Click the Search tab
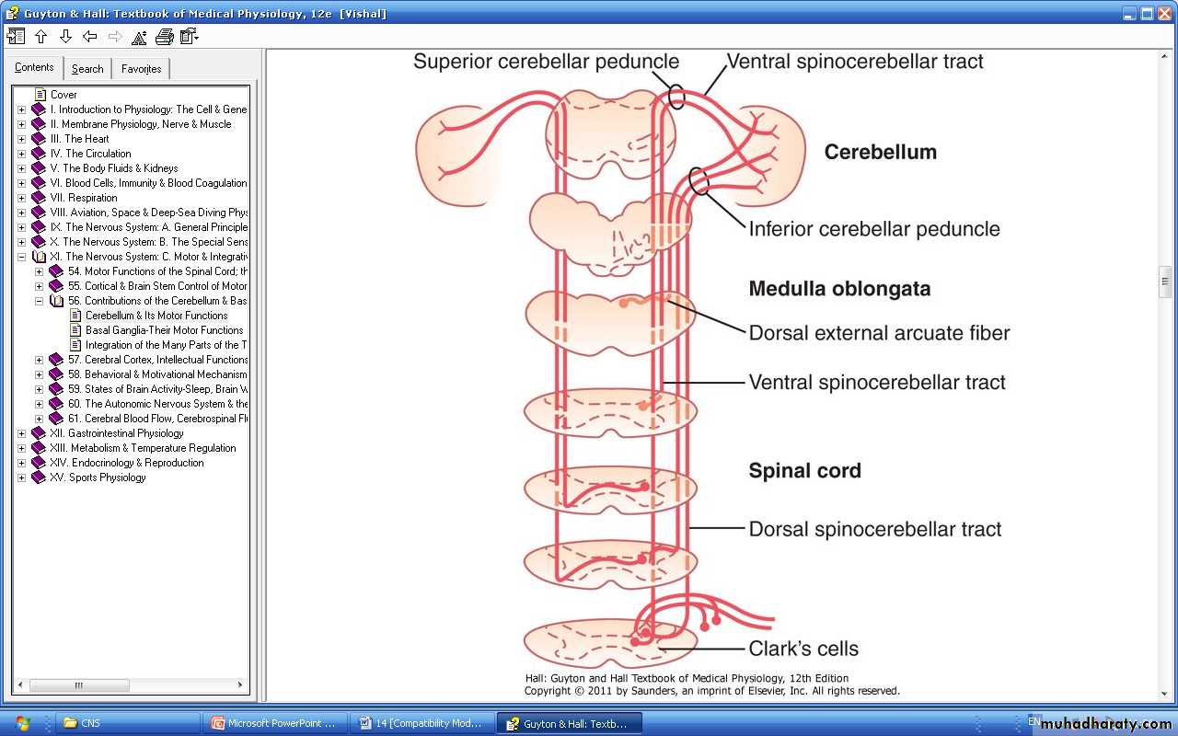[x=87, y=69]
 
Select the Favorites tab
[x=141, y=69]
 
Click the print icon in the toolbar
[x=165, y=37]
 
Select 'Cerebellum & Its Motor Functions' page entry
[x=156, y=316]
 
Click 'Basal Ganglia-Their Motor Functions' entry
[x=164, y=330]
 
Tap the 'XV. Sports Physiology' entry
[x=98, y=477]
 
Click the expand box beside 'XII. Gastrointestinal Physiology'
[x=21, y=433]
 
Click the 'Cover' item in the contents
[x=64, y=95]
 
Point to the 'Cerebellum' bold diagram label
[x=881, y=152]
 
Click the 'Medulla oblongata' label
[x=839, y=289]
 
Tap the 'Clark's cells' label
[x=803, y=649]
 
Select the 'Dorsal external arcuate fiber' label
[x=879, y=333]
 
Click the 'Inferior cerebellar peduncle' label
[x=874, y=229]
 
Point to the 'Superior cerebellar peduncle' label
[x=546, y=62]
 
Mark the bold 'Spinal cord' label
[x=804, y=470]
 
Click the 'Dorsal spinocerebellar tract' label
[x=874, y=529]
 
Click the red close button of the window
[x=1164, y=13]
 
